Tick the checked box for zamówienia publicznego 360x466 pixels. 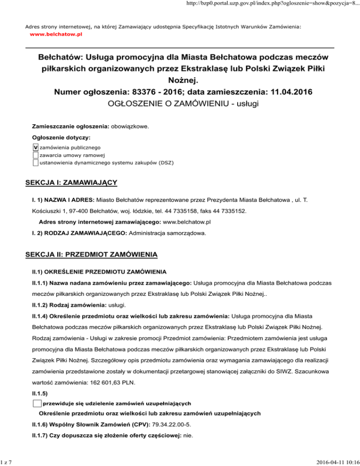coord(36,147)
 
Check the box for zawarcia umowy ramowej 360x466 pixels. coord(36,155)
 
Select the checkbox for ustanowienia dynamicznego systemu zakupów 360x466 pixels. coord(36,162)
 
